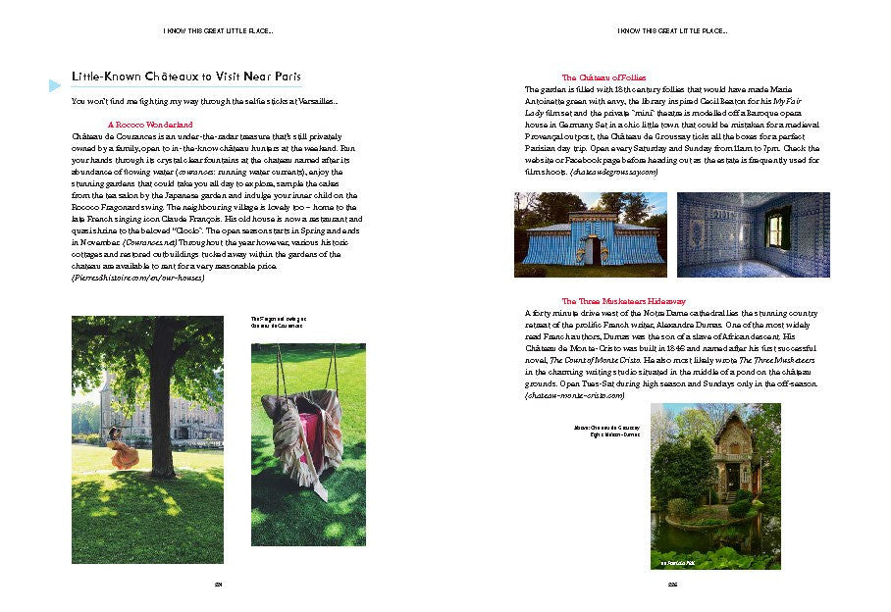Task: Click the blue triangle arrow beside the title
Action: pos(55,86)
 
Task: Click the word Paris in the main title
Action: pos(285,76)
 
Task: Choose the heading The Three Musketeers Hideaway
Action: pos(623,301)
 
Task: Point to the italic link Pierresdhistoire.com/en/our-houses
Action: pos(138,279)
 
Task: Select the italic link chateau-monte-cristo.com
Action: pos(575,394)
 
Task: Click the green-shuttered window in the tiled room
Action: pos(778,229)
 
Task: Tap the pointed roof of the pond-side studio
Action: pos(732,428)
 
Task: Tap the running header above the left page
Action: pos(215,31)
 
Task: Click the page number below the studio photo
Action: pos(673,586)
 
